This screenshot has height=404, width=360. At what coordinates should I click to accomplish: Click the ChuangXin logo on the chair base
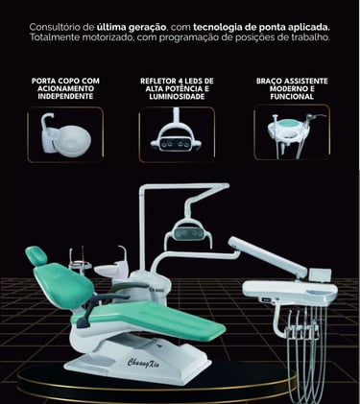(x=143, y=363)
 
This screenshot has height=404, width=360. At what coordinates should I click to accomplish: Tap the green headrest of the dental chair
(x=36, y=256)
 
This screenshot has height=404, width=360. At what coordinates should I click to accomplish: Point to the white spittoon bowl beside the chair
(x=108, y=271)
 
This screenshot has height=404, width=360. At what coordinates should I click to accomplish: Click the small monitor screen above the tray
(x=320, y=275)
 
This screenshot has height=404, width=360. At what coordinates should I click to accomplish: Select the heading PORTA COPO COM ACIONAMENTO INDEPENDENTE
(x=65, y=88)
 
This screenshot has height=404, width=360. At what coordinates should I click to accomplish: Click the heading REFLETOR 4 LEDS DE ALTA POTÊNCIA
(x=177, y=88)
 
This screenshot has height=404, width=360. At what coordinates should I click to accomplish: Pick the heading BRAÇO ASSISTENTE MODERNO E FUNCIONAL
(x=292, y=88)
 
